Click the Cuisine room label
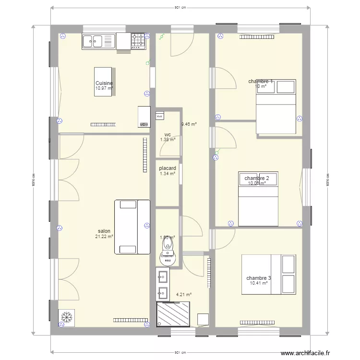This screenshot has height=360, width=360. (x=104, y=83)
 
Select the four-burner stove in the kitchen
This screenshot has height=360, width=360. (x=139, y=41)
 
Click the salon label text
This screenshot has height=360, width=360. (x=104, y=231)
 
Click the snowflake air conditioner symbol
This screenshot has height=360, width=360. (x=66, y=317)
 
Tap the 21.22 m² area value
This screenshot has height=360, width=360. (x=104, y=237)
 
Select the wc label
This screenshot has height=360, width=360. (x=168, y=134)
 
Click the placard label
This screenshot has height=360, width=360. (x=168, y=168)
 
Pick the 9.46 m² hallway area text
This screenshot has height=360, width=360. (x=189, y=124)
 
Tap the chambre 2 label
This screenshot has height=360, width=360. (x=257, y=178)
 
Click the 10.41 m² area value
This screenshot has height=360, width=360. (x=259, y=283)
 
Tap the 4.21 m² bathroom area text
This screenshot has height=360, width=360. (x=184, y=295)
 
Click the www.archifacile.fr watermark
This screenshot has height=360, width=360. (x=305, y=353)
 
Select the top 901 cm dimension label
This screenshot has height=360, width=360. (x=180, y=8)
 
